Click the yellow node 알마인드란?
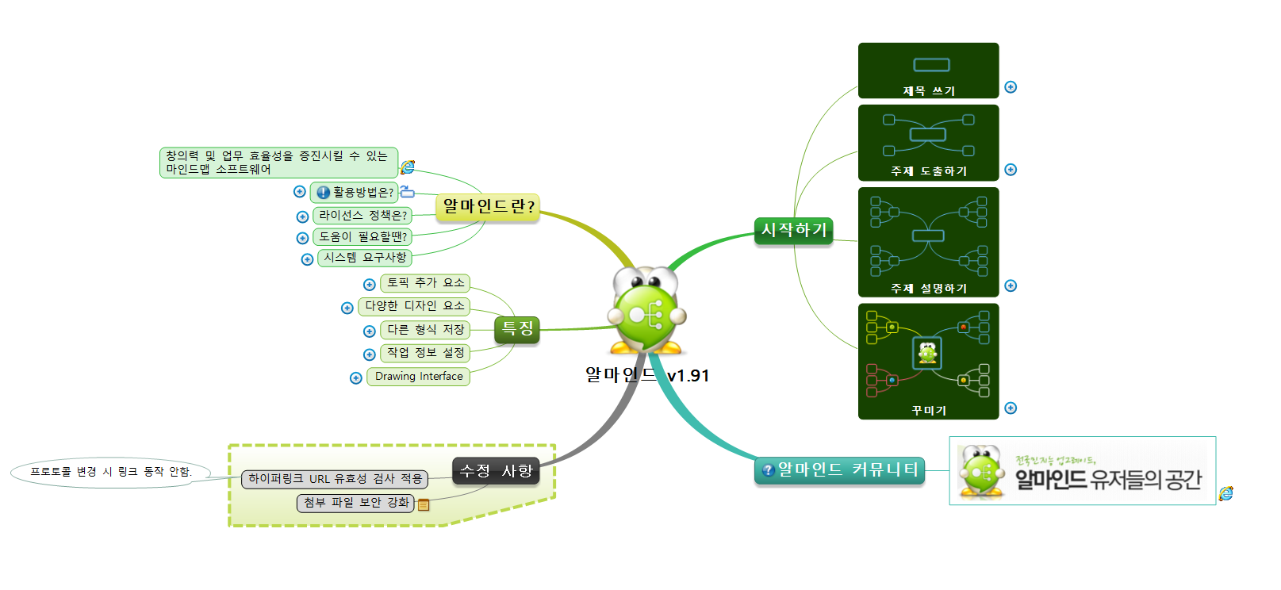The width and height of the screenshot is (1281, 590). (x=488, y=207)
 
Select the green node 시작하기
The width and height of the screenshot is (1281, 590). (x=793, y=231)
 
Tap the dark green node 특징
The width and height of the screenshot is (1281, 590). (x=517, y=329)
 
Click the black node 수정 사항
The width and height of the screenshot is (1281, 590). (x=496, y=471)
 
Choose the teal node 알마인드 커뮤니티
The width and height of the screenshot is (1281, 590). (x=840, y=470)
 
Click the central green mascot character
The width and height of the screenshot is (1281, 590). (x=647, y=312)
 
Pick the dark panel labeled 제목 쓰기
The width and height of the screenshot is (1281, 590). (x=928, y=71)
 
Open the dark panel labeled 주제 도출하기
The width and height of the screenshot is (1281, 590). (x=928, y=143)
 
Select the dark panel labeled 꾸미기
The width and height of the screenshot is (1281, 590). (x=928, y=361)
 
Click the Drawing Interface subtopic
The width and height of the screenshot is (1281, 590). (x=418, y=377)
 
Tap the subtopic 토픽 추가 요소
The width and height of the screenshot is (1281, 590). (x=425, y=283)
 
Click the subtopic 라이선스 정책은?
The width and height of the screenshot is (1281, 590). (x=362, y=216)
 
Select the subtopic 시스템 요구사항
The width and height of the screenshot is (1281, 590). (x=365, y=258)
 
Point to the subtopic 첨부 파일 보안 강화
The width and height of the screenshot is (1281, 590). (x=355, y=503)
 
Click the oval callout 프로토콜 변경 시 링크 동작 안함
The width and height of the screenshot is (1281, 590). (x=111, y=472)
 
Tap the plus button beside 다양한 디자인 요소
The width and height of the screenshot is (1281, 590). (x=347, y=308)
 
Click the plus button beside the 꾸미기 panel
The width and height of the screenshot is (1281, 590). (x=1011, y=408)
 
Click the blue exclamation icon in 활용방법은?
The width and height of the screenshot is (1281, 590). (x=323, y=193)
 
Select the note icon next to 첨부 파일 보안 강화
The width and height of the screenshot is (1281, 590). (x=424, y=504)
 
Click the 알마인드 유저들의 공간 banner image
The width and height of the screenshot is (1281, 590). (x=1082, y=471)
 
